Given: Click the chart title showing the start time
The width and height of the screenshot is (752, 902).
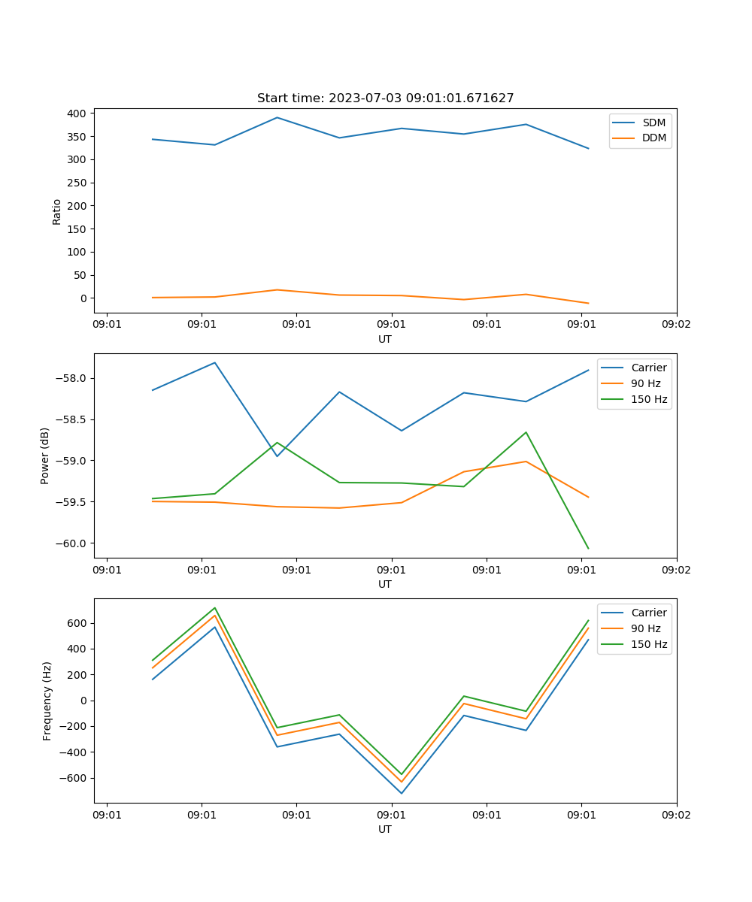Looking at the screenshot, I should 385,98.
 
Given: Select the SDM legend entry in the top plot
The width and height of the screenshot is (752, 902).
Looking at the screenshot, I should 653,123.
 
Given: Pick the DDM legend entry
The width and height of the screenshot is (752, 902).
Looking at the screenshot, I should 653,138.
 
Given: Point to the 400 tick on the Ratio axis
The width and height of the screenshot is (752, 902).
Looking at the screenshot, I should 77,114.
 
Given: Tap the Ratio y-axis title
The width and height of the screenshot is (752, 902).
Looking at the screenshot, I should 57,211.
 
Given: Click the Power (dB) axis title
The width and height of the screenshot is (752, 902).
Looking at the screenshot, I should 45,456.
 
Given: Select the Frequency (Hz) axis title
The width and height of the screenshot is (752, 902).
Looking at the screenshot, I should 47,701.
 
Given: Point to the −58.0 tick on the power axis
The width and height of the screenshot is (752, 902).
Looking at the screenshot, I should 72,378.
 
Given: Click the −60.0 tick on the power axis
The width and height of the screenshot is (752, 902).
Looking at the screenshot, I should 72,543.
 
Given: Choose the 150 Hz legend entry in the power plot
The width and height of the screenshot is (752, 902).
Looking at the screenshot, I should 649,399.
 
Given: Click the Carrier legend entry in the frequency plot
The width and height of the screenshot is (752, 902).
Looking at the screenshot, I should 648,613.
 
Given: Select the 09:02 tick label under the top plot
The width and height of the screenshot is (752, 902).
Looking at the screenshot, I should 676,325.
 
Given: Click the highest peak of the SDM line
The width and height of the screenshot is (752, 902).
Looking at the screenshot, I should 277,117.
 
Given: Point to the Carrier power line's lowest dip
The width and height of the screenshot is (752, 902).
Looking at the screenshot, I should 277,456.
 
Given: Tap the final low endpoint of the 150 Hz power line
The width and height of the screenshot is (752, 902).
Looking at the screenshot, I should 588,549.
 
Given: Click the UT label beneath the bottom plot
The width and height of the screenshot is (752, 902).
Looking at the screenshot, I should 385,829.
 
